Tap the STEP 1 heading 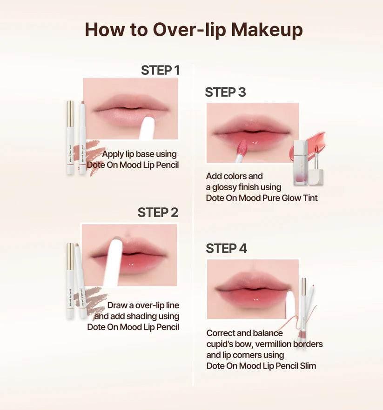pos(160,70)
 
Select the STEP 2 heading pos(158,212)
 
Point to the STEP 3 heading pos(225,92)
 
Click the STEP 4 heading pos(227,248)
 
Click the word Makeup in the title pos(267,30)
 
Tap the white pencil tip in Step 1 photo pos(148,128)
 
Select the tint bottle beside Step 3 pos(301,163)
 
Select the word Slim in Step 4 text pos(308,365)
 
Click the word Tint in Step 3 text pos(310,198)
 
